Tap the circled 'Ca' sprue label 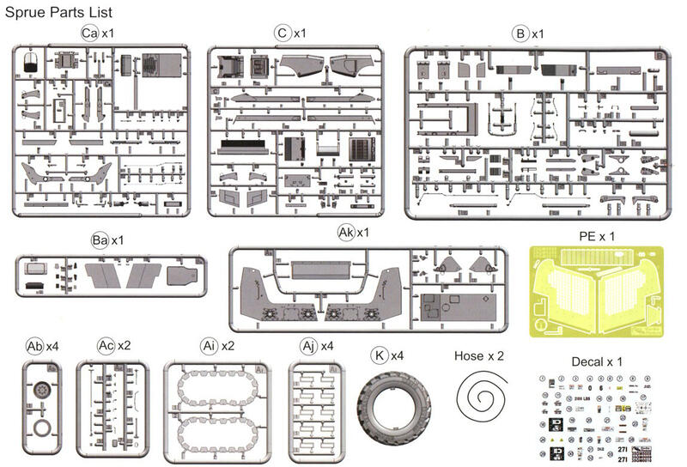pos(88,33)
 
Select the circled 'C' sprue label pos(282,33)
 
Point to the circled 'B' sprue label pos(520,33)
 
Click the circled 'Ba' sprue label pos(99,240)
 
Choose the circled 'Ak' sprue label pos(346,233)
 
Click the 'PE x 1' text pos(592,233)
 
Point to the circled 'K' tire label pos(379,354)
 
